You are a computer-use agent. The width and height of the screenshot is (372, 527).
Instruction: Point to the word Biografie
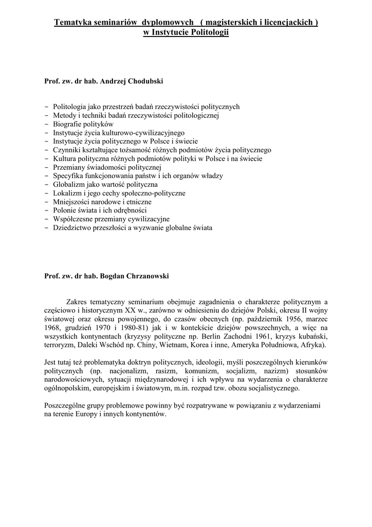68,124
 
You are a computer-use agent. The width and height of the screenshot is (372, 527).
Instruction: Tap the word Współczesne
73,219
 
